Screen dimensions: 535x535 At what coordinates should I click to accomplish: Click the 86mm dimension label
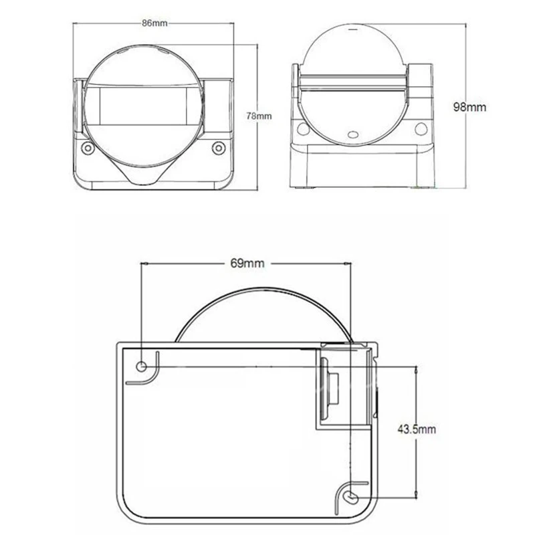154,23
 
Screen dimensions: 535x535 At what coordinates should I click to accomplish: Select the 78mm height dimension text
258,116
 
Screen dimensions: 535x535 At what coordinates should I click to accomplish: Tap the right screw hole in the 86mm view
217,148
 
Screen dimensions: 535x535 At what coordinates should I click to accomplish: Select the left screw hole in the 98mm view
302,128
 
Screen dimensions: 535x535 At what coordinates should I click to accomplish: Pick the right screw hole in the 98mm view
421,128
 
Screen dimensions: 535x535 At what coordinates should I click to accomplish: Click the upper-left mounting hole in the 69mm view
142,366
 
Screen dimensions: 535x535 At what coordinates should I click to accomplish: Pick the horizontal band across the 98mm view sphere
352,82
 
